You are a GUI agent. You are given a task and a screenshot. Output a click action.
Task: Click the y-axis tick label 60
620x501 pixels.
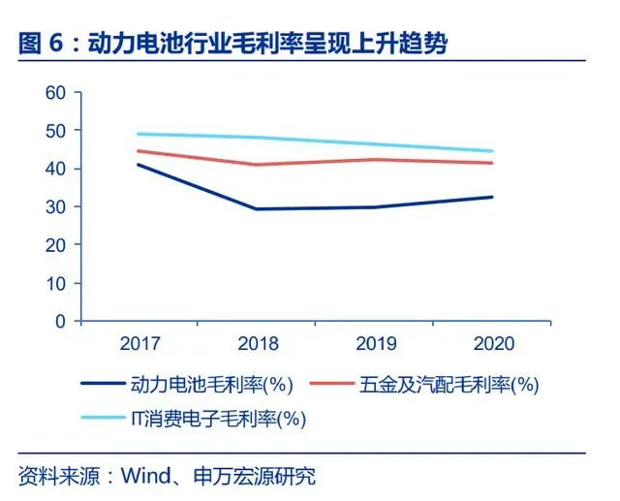tap(54, 93)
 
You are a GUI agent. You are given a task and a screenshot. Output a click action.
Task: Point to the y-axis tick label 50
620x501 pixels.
tap(54, 131)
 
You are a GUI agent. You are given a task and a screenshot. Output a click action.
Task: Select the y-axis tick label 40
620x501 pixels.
tap(54, 169)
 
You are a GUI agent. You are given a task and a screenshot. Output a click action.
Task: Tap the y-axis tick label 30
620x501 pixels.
tap(54, 206)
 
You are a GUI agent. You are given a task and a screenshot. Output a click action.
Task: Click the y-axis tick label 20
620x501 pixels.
tap(54, 244)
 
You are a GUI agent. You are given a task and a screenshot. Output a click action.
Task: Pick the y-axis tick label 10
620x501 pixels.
tap(54, 283)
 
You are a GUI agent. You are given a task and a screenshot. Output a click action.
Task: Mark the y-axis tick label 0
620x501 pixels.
tap(60, 321)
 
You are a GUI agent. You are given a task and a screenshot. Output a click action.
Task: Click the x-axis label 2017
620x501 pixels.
tap(139, 344)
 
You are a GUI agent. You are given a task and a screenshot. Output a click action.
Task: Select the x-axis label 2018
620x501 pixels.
tap(258, 344)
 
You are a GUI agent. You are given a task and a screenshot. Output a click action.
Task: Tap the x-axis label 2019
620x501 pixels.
tap(375, 344)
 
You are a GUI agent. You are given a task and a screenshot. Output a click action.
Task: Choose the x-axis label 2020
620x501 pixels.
tap(493, 344)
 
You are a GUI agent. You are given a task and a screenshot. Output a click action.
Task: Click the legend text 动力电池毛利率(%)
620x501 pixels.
tap(210, 385)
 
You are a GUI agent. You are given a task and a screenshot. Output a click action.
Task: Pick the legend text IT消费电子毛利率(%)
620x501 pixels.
tap(218, 419)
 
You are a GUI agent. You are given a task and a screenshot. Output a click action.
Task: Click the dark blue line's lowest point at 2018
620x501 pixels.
tap(258, 209)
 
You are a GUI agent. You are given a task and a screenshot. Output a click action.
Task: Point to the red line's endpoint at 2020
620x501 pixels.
tap(493, 163)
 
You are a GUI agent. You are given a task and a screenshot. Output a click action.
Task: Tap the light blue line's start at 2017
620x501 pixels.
tap(139, 134)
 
